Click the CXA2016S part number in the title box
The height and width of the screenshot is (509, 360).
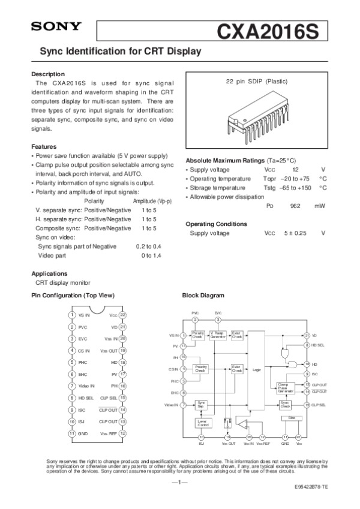(269, 29)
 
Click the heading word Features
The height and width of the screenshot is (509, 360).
(44, 147)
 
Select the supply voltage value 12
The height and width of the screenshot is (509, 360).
(287, 170)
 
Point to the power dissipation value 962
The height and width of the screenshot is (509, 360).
(295, 206)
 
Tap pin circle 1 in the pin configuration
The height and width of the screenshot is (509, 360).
(71, 314)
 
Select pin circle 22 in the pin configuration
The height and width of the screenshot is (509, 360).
(122, 314)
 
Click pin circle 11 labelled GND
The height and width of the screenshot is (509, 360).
(71, 433)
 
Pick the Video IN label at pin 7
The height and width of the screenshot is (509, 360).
(87, 385)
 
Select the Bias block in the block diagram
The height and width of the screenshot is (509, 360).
(292, 417)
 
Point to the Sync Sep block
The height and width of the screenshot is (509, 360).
(202, 405)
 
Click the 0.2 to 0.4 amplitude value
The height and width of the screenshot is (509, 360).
(149, 247)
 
